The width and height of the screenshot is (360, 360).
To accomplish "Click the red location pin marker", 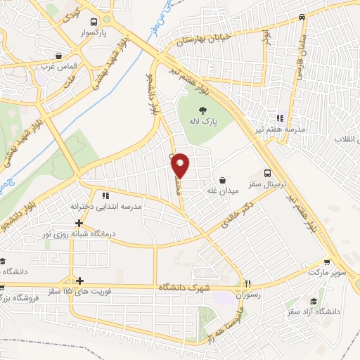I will [x=181, y=165].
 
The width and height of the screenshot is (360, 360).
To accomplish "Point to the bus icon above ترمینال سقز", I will [x=266, y=173].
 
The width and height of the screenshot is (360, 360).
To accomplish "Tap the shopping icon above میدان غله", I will [x=223, y=180].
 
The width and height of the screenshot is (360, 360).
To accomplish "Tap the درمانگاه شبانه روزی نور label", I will [x=79, y=233].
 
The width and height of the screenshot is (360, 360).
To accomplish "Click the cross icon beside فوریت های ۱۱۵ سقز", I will [x=79, y=280].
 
